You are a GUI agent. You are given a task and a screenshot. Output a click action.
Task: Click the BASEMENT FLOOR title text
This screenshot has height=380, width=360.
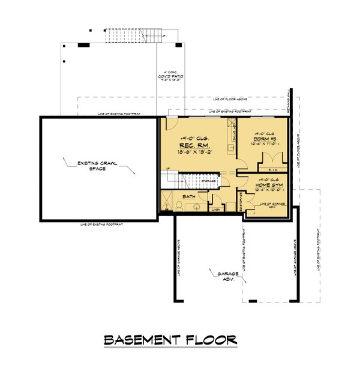(170, 340)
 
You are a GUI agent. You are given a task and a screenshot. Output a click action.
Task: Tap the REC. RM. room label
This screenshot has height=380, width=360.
(191, 146)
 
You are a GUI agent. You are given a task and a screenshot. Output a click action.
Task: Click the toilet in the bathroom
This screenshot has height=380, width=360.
(178, 206)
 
